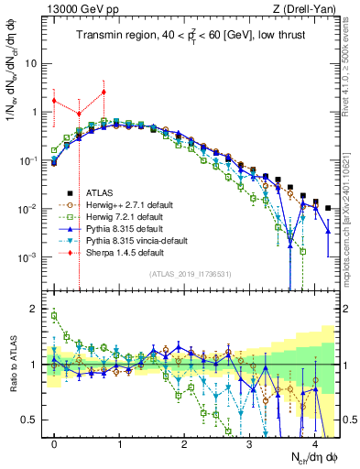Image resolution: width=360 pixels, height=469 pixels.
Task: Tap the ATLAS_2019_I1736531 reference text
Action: click(191, 274)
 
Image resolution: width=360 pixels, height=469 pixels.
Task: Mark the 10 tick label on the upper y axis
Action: click(36, 64)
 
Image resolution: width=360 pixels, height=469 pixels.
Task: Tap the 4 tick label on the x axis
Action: click(314, 442)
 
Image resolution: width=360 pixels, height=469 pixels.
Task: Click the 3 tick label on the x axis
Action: click(249, 442)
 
